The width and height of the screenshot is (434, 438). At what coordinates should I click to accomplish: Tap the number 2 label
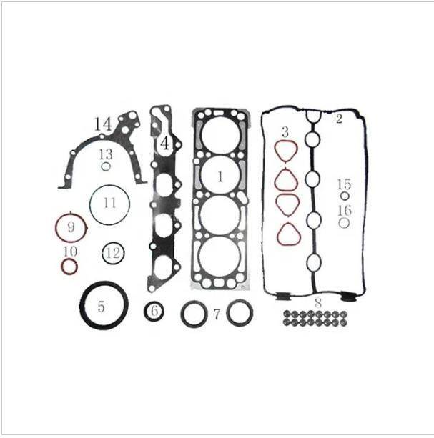click(339, 119)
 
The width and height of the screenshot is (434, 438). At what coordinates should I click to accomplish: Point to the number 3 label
click(285, 132)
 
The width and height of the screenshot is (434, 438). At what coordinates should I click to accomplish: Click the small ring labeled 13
click(105, 167)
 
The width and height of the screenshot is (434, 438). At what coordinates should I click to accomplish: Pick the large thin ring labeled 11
click(109, 204)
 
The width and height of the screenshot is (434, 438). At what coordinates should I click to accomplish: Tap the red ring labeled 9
click(71, 228)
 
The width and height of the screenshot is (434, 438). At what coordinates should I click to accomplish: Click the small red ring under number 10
click(69, 267)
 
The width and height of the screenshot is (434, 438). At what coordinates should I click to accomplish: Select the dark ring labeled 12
click(112, 252)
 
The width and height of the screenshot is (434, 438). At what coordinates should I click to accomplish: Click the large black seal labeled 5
click(104, 306)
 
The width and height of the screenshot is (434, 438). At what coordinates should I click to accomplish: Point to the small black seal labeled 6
click(154, 312)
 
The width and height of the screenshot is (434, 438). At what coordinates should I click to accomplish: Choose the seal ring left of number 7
click(194, 313)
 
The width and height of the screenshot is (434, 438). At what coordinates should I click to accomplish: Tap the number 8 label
click(317, 302)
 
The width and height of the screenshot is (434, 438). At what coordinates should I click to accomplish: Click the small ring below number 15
click(345, 196)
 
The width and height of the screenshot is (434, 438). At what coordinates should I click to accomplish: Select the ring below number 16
click(344, 222)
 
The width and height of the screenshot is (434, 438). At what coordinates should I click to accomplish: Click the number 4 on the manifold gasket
click(164, 143)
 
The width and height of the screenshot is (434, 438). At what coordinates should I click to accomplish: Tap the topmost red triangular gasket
click(286, 151)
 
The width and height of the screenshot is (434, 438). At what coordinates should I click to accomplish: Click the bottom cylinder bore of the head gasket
click(220, 255)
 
